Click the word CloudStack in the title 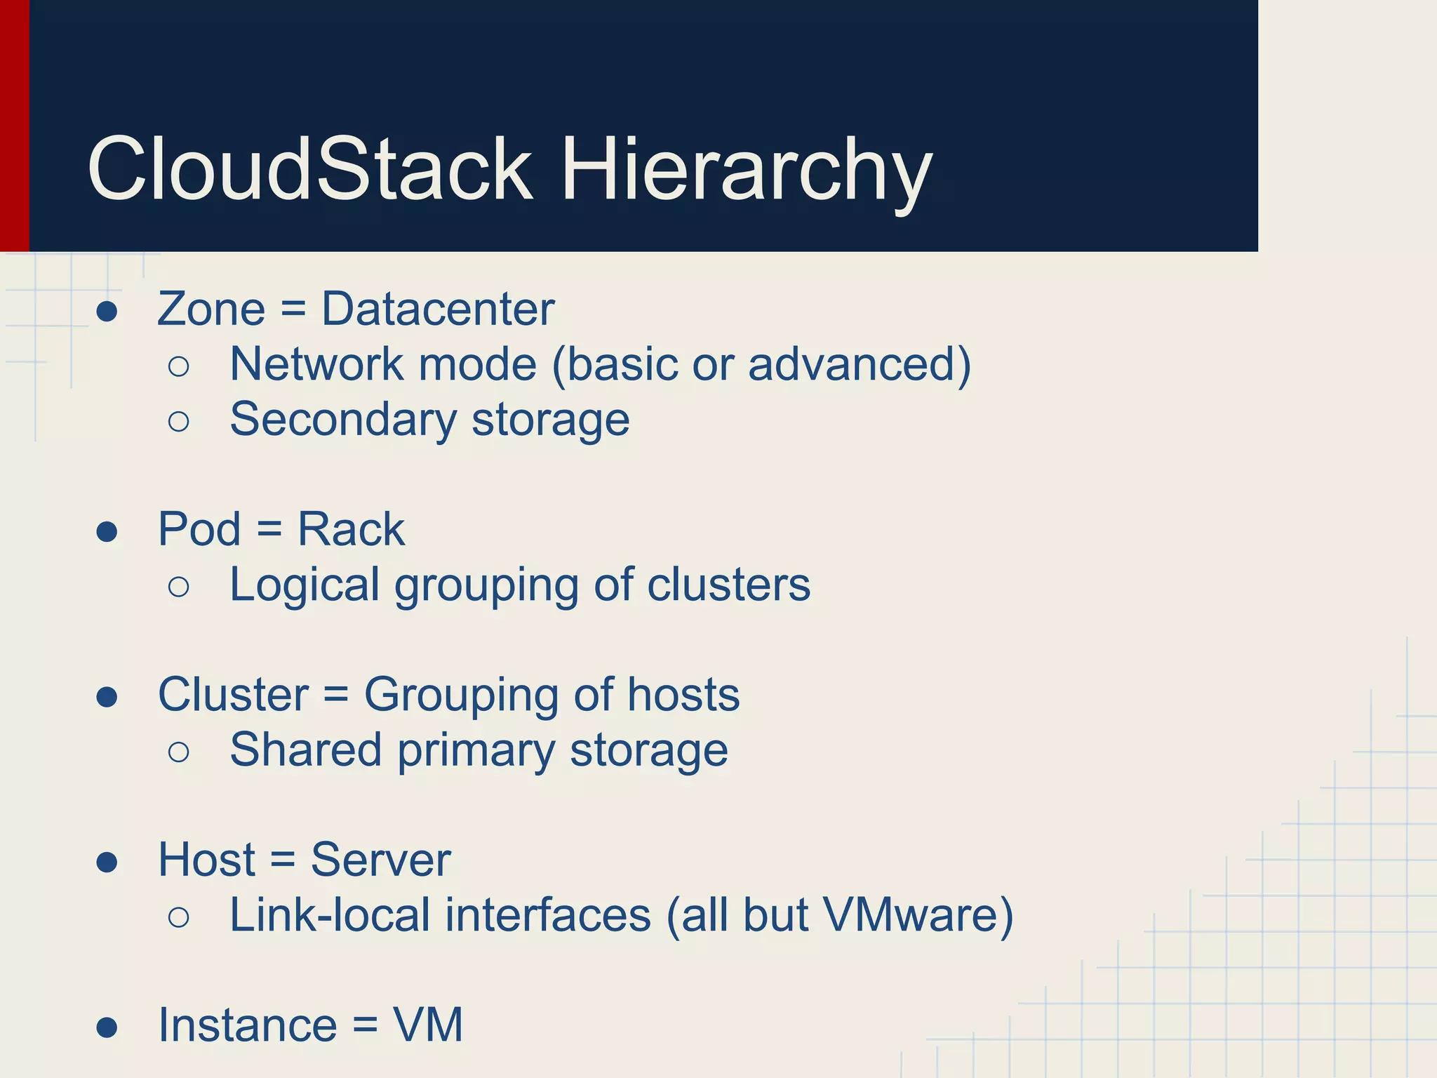(309, 169)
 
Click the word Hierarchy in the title (747, 172)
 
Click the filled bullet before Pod (107, 531)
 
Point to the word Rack (351, 529)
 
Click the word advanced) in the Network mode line (860, 365)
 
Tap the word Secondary (343, 420)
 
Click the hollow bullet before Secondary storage (179, 422)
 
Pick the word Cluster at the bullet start (233, 695)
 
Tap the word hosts (683, 695)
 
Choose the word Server (380, 860)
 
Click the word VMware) (918, 915)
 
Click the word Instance (248, 1025)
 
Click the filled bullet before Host (107, 862)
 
